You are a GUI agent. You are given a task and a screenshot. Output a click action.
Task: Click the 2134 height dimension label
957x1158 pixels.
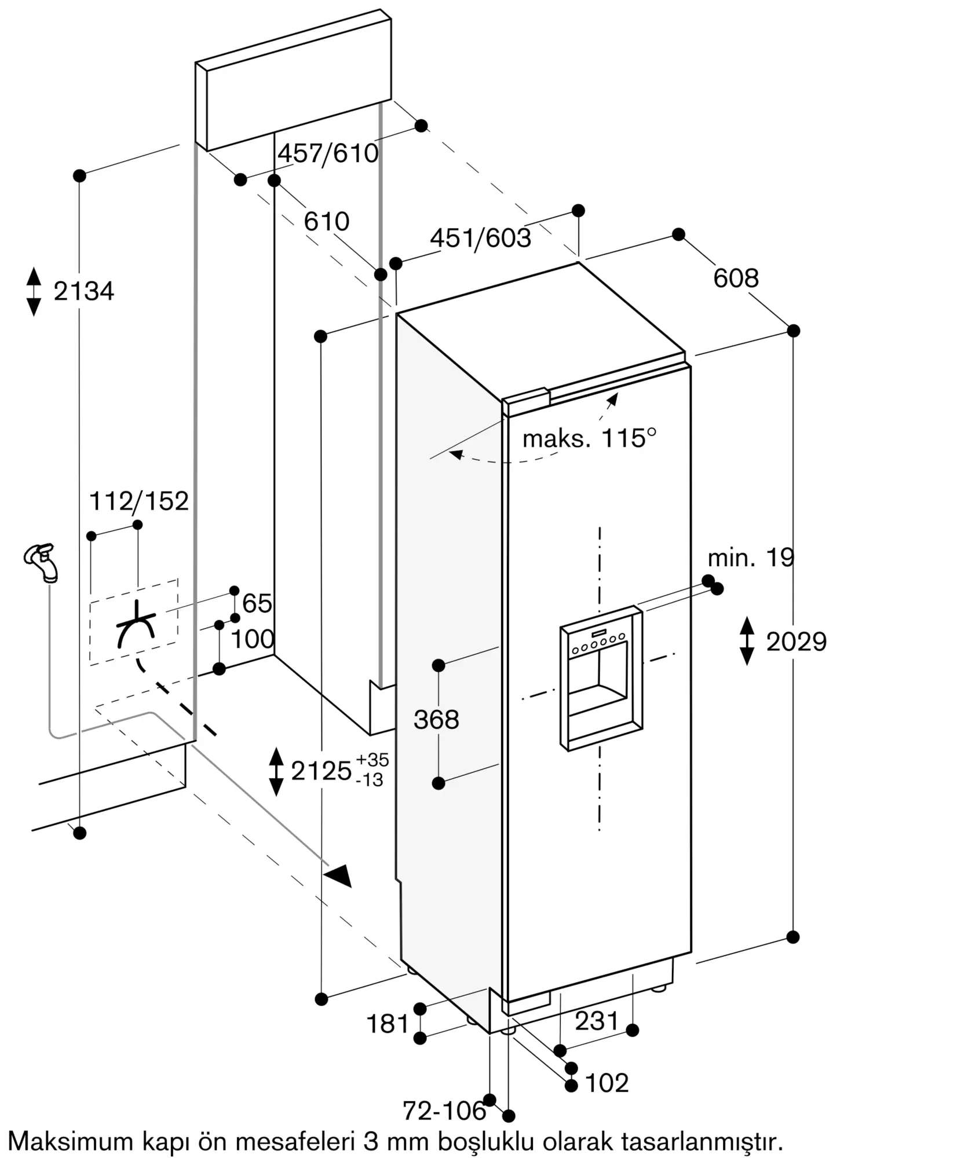84,291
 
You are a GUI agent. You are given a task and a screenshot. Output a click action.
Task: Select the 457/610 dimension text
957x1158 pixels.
328,153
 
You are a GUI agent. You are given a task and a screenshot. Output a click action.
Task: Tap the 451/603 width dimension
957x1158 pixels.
480,238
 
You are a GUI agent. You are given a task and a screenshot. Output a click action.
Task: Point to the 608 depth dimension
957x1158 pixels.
736,278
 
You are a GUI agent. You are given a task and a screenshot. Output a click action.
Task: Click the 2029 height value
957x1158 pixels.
796,642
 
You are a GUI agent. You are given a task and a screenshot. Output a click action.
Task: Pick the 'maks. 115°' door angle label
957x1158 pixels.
590,438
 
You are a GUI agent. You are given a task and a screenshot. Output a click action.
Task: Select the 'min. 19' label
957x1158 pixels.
751,558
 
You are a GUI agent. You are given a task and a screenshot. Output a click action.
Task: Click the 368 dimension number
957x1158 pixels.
436,720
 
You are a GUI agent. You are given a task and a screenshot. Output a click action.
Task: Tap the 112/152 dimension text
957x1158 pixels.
139,501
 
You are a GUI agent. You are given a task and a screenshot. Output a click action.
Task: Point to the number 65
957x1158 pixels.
257,604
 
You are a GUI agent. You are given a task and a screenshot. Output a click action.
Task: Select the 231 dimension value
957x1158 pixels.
597,1021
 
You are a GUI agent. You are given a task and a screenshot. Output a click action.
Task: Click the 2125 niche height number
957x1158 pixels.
322,771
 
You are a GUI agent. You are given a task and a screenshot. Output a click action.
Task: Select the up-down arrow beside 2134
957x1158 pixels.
34,291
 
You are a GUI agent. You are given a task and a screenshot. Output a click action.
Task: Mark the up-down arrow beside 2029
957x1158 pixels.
747,641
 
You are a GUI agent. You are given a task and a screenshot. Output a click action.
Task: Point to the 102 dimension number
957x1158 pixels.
607,1083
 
